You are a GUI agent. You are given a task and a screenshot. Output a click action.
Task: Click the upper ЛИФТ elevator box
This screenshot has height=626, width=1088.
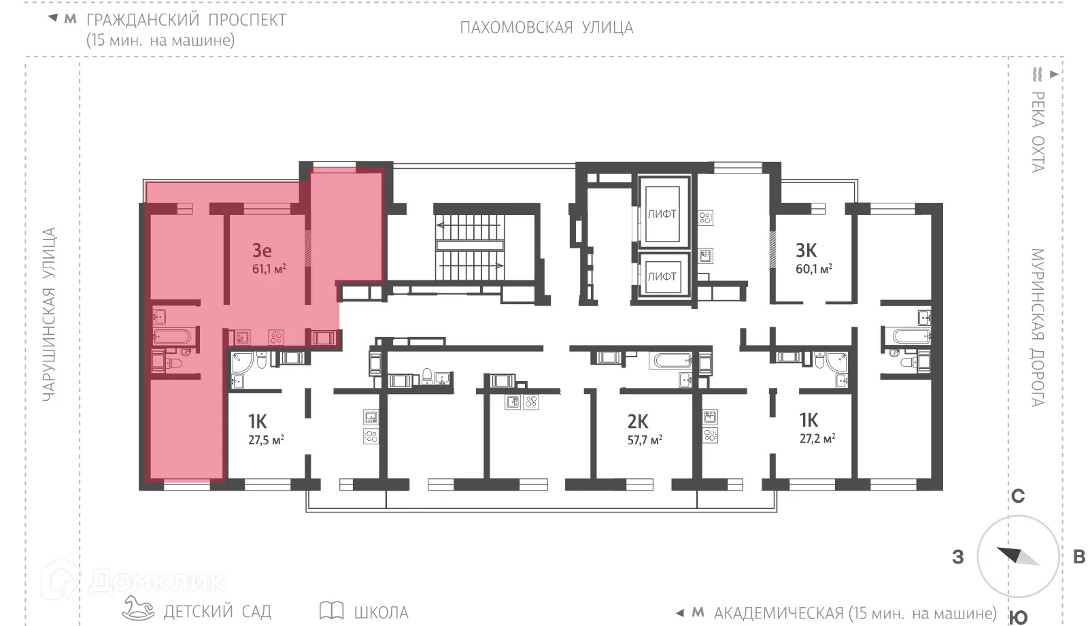(x=662, y=214)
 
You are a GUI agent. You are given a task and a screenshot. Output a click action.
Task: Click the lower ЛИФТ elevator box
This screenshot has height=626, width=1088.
(x=662, y=276)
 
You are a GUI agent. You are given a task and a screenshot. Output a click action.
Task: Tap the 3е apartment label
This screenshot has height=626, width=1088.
(x=262, y=250)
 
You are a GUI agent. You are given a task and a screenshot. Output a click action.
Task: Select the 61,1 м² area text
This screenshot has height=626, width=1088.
(x=269, y=269)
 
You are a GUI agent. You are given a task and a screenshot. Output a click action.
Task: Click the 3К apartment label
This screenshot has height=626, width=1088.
(x=806, y=250)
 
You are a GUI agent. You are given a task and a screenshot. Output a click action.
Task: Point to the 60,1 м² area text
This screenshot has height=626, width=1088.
(x=814, y=269)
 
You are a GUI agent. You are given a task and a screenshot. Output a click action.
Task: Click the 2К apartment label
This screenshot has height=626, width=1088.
(x=638, y=421)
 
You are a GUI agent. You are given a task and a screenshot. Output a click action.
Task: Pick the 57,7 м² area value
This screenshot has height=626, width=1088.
(x=645, y=440)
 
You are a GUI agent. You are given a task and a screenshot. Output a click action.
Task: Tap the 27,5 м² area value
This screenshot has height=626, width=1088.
(x=266, y=440)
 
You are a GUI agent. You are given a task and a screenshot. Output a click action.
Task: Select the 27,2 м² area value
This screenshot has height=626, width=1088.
(x=817, y=439)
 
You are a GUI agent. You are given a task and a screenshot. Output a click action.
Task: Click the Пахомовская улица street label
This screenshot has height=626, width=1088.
(x=546, y=28)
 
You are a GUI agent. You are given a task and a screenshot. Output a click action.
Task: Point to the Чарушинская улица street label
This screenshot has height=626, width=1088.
(x=49, y=314)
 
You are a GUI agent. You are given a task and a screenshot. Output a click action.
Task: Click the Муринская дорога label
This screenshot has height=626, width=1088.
(x=1036, y=328)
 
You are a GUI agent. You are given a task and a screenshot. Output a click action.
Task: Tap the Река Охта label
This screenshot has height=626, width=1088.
(x=1037, y=131)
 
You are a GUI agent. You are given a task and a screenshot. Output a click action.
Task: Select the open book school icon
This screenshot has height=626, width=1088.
(x=331, y=610)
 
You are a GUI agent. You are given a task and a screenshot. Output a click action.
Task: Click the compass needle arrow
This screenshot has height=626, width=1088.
(x=1017, y=556)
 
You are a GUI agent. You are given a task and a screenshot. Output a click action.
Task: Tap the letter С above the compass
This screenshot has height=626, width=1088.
(x=1017, y=497)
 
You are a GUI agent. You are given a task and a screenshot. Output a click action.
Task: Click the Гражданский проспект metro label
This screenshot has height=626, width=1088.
(x=186, y=20)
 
